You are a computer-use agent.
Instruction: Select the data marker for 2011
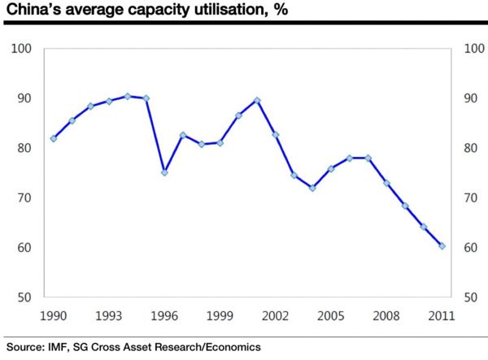point(442,245)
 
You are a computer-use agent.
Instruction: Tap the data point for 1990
point(54,138)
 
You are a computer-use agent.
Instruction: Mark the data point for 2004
point(312,188)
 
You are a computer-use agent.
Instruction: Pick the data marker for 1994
point(128,96)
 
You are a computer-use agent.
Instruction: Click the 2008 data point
point(386,183)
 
